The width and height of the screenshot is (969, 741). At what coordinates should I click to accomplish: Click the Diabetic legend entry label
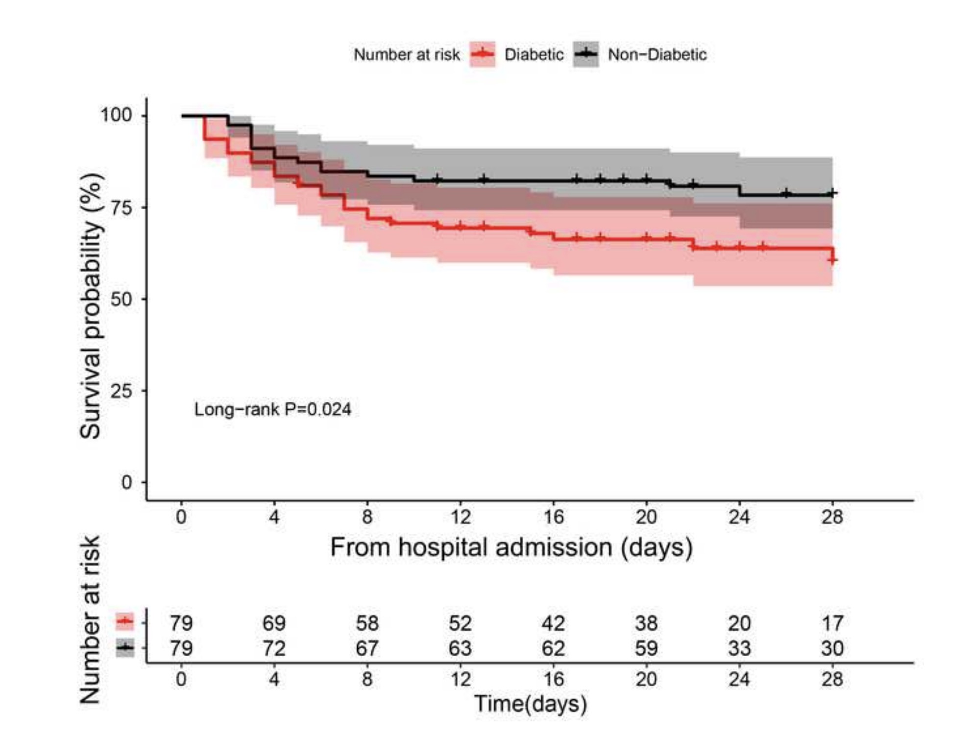[x=533, y=54]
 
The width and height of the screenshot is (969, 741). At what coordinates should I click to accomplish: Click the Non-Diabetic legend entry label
[x=657, y=54]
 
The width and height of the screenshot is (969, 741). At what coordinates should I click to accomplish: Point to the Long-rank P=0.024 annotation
[x=272, y=409]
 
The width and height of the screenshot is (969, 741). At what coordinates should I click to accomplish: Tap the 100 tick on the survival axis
[x=116, y=115]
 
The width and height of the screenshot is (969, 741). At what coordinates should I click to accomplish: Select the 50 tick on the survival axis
[x=121, y=299]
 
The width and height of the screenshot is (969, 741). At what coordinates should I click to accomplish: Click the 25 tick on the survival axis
[x=121, y=391]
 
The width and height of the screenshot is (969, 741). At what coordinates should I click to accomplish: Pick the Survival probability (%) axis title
[x=91, y=306]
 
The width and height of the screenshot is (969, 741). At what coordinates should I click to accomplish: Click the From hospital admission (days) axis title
[x=511, y=547]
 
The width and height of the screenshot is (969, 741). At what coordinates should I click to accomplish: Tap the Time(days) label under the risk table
[x=530, y=704]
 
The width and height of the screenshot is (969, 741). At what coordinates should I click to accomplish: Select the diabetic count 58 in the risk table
[x=367, y=623]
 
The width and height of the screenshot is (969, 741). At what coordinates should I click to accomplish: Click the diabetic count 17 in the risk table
[x=832, y=623]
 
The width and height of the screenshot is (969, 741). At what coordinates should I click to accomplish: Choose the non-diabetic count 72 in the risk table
[x=274, y=649]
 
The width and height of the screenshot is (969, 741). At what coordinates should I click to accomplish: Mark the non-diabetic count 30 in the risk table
[x=832, y=649]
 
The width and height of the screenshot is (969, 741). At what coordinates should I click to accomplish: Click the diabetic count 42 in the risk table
[x=553, y=623]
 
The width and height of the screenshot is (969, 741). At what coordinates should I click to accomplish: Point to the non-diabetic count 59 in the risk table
[x=646, y=649]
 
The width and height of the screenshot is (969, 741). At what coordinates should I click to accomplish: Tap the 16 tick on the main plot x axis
[x=553, y=517]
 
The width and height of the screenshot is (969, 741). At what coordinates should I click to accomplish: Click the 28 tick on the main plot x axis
[x=832, y=517]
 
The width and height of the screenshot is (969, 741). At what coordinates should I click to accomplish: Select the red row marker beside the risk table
[x=125, y=621]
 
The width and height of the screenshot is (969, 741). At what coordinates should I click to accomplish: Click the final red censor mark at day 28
[x=832, y=260]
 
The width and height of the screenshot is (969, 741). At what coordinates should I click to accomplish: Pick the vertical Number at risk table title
[x=91, y=620]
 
